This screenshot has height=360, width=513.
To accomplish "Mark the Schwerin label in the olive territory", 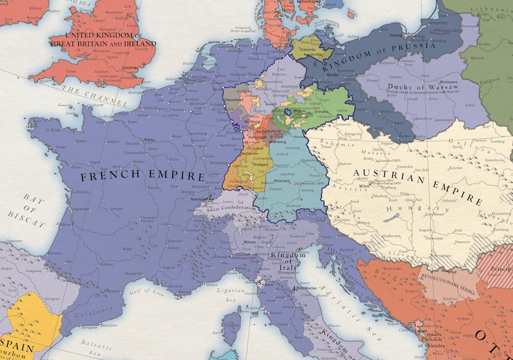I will (x=307, y=48).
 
